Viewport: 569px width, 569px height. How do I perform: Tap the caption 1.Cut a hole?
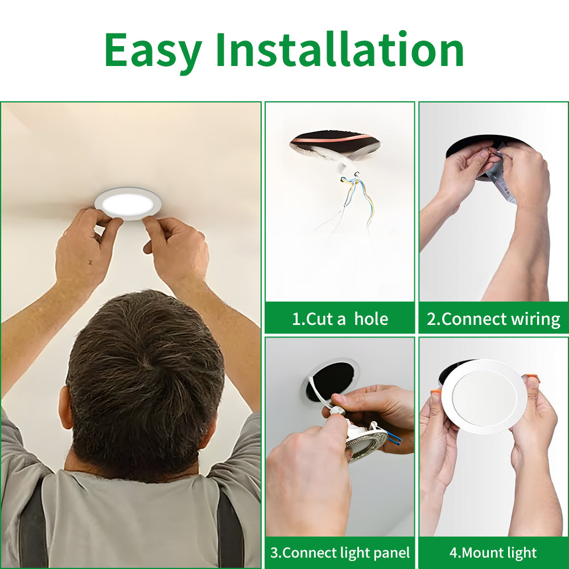340,319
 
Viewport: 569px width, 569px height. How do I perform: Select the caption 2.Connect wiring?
493,319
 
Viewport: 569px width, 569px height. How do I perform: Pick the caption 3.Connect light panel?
340,552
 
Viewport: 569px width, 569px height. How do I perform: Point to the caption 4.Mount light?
493,552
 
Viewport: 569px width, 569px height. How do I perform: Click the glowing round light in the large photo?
127,203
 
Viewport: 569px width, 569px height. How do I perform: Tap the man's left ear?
65,407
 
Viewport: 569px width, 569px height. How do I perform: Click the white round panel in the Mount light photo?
484,396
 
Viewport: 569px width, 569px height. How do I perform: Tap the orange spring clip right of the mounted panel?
532,378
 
